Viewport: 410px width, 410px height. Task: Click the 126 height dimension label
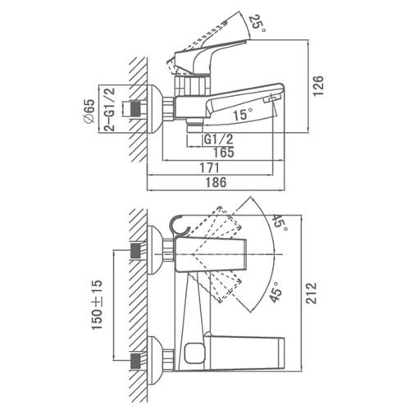coord(318,85)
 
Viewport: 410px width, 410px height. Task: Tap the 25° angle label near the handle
coord(257,23)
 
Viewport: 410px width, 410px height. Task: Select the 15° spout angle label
coord(243,114)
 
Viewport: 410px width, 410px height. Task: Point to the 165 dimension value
coord(224,153)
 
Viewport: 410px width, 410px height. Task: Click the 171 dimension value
coord(210,167)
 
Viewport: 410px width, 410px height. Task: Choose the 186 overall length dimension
coord(216,182)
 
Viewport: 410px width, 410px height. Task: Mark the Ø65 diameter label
coord(89,112)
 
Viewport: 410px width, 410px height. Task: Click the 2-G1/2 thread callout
coord(110,110)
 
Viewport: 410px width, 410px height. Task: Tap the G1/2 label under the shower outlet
coord(219,139)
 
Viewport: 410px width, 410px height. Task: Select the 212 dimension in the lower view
coord(311,293)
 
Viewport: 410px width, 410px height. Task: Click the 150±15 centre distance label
coord(97,305)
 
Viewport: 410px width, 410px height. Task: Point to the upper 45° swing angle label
coord(280,223)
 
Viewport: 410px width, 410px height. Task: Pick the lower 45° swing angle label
coord(276,292)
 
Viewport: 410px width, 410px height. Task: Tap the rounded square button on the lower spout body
coord(194,353)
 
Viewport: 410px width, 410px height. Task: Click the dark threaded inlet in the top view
coord(136,109)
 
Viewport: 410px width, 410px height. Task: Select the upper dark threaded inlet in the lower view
coord(136,251)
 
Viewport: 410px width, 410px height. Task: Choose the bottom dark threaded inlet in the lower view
coord(136,362)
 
